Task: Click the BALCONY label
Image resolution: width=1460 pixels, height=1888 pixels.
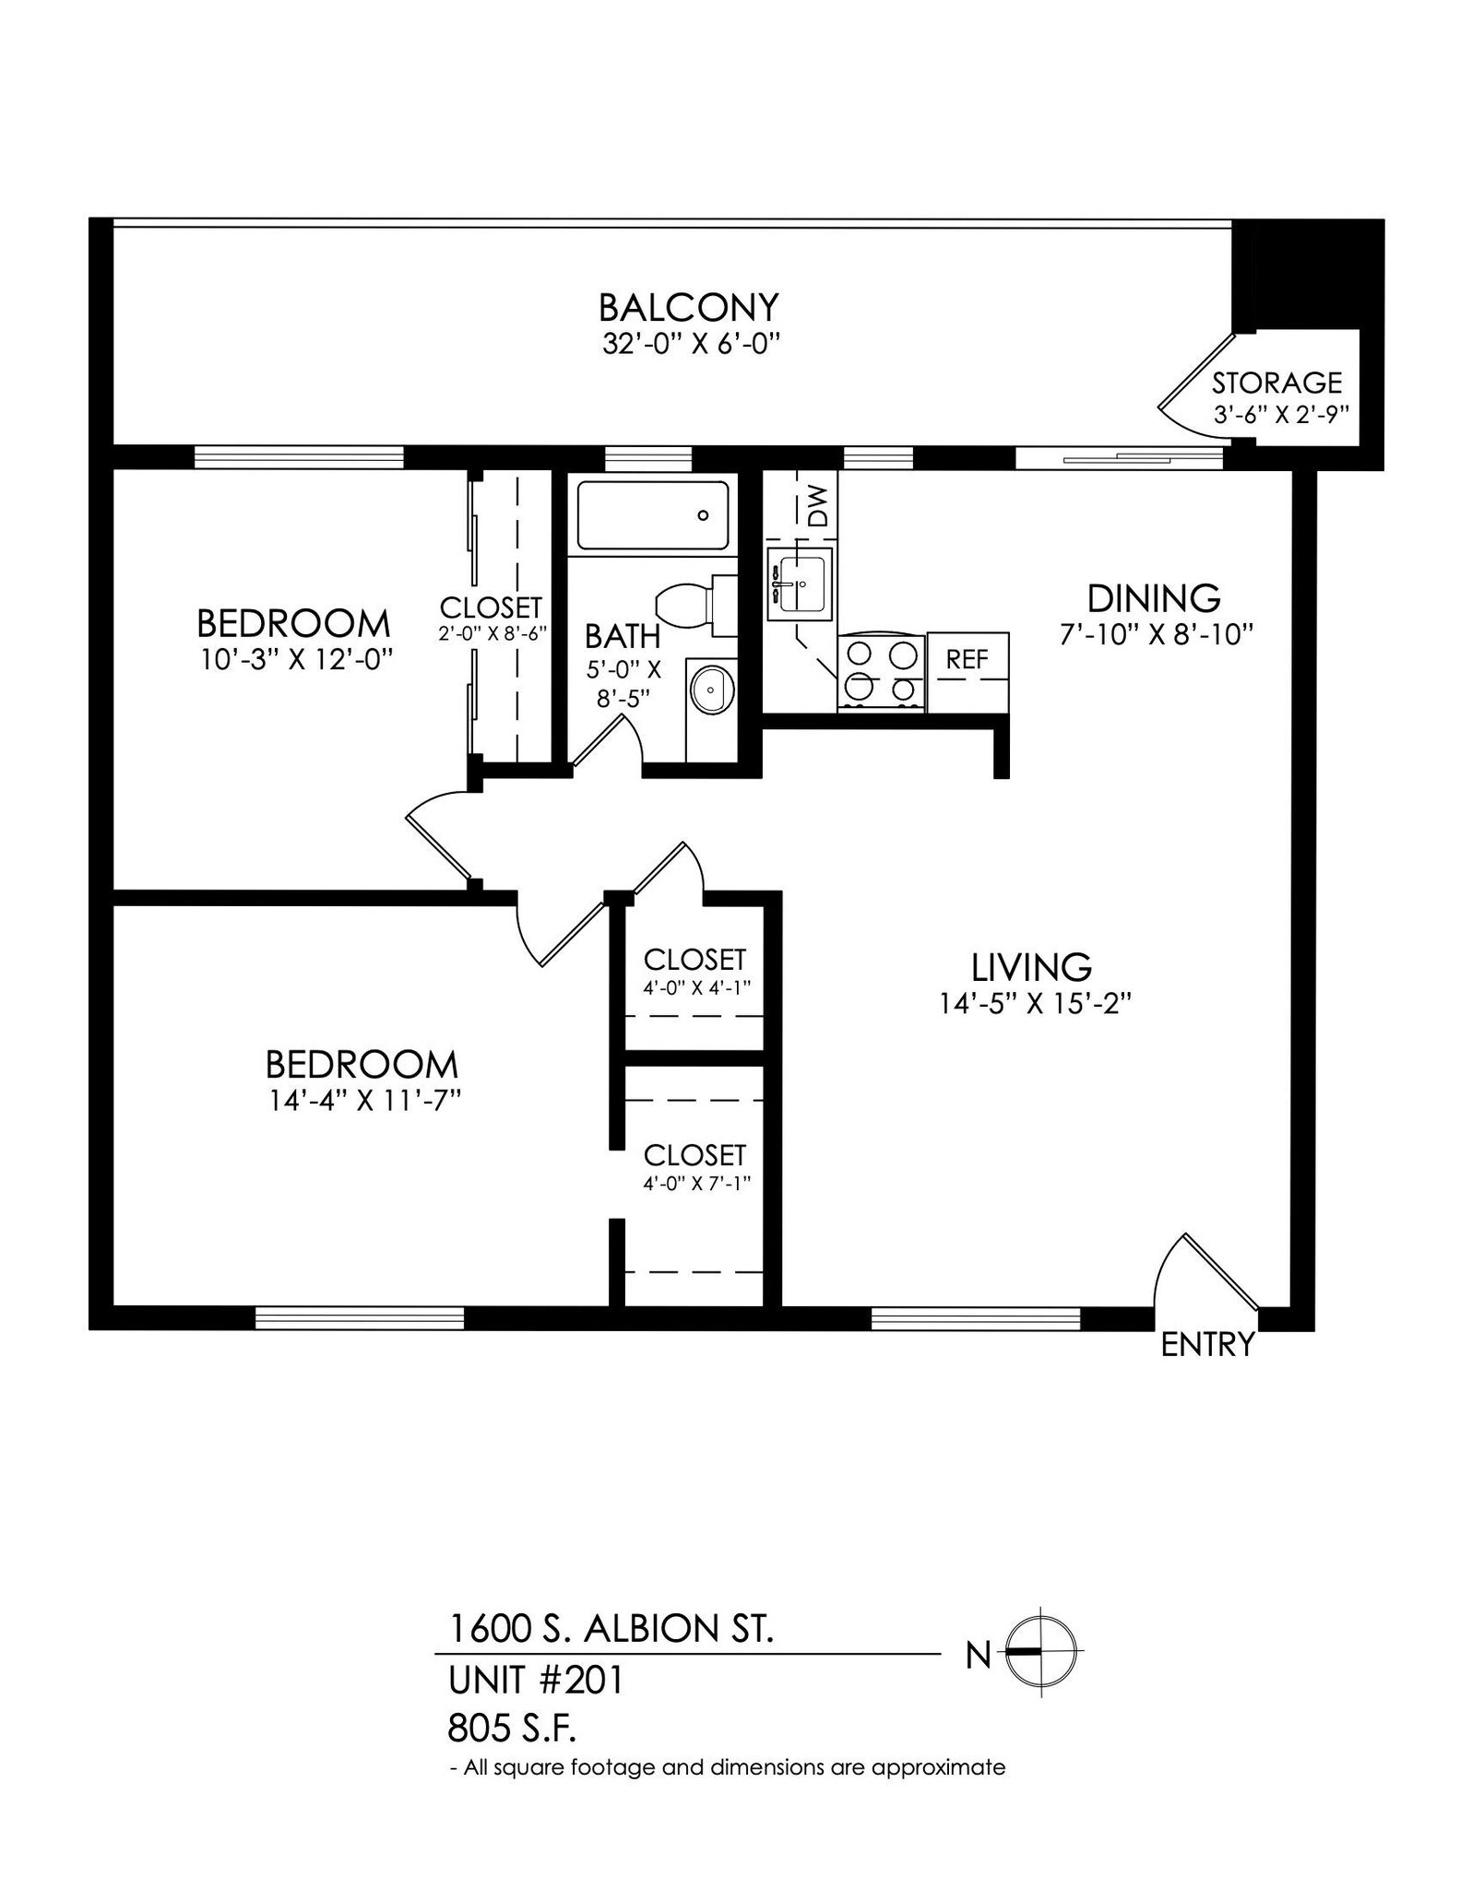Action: (688, 307)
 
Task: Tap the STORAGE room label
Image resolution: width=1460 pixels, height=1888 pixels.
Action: (1276, 383)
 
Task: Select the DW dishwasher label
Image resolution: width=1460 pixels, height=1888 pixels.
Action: (818, 505)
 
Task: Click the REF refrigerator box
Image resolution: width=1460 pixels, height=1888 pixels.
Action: (967, 659)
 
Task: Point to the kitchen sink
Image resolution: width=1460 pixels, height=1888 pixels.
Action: (800, 584)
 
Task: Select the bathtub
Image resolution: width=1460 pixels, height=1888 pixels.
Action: (653, 515)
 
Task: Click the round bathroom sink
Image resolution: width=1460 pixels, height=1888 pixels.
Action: (711, 689)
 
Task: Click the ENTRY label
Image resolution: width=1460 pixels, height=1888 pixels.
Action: (1206, 1345)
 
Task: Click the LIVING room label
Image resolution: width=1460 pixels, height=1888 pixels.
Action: (1031, 967)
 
